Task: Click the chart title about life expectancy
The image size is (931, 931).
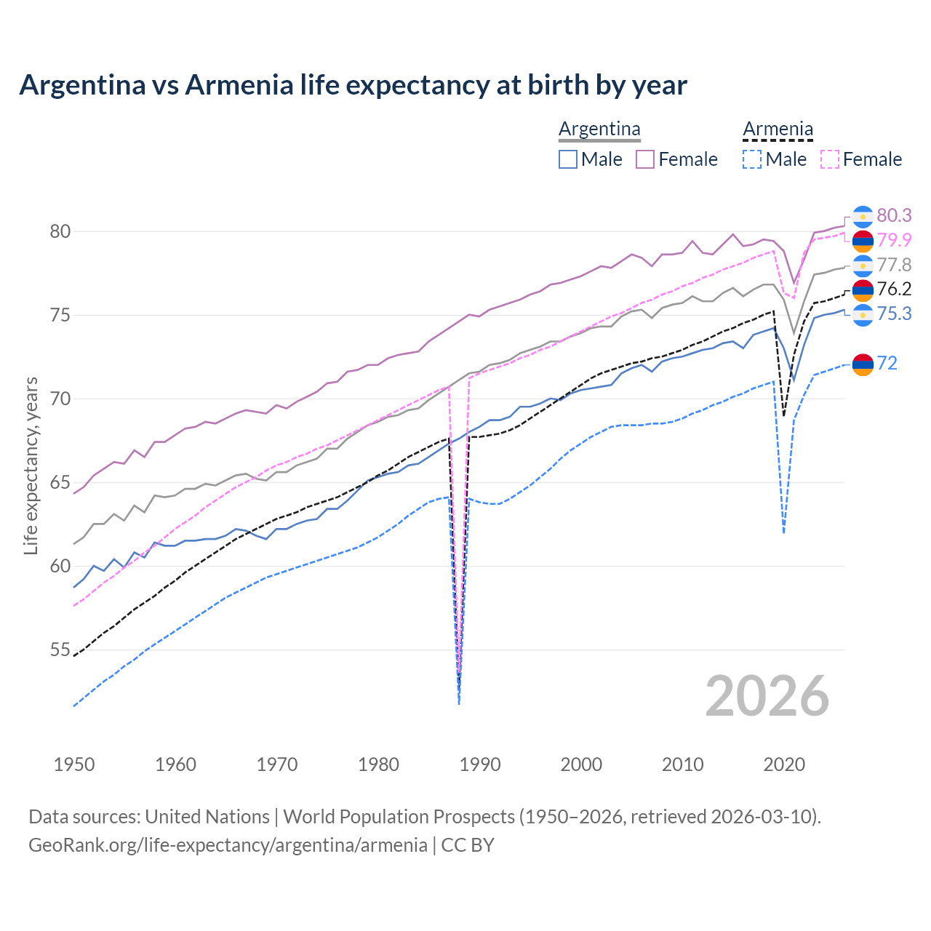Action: [353, 85]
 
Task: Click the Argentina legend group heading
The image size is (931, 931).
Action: [599, 129]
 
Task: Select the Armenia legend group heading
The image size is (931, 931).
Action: [778, 129]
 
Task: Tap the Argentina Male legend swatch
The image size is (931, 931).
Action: [568, 159]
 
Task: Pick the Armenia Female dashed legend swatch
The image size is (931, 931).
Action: [830, 159]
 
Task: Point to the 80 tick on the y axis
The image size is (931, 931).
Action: [60, 231]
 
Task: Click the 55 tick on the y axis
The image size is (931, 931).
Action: [60, 650]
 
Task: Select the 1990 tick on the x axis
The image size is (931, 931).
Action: [480, 764]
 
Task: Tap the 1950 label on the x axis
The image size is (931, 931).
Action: [74, 764]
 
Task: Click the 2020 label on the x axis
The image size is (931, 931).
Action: [784, 764]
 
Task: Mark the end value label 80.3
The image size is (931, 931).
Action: [894, 215]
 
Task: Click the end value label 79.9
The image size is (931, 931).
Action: [894, 240]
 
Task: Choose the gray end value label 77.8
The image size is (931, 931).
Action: [894, 265]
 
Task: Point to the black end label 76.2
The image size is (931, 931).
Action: [894, 289]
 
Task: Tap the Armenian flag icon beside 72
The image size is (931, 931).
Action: [863, 364]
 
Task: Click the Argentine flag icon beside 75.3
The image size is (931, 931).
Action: [863, 314]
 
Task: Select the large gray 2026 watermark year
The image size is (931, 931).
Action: [767, 696]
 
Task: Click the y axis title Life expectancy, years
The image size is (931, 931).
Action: [31, 465]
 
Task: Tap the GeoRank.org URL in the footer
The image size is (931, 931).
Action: [228, 845]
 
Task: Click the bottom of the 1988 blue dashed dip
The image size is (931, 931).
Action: [459, 703]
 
